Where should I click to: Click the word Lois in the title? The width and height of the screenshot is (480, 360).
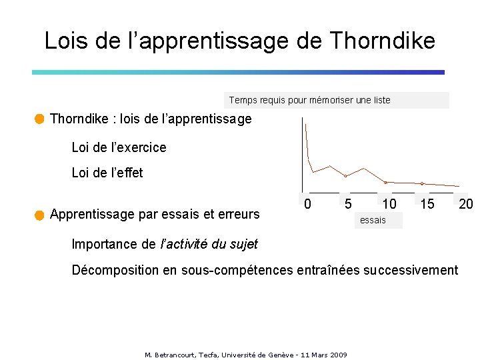click(x=65, y=41)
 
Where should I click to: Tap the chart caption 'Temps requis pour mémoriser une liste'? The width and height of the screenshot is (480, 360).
click(x=310, y=101)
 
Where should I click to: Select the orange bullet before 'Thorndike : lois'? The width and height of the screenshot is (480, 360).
click(x=39, y=119)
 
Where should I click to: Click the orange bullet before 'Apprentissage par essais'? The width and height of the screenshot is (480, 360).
click(x=39, y=215)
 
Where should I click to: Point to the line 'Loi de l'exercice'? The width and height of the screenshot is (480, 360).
click(x=119, y=147)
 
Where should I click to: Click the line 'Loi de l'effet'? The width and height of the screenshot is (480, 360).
click(x=107, y=173)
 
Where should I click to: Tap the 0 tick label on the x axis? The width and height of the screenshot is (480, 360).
click(x=307, y=203)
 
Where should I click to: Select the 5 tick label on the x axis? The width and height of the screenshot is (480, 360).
click(x=348, y=203)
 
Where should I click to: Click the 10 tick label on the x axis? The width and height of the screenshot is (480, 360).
click(x=389, y=203)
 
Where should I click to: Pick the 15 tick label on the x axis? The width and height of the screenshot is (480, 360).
click(x=427, y=203)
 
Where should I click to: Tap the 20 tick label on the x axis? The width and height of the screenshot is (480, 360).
click(x=466, y=203)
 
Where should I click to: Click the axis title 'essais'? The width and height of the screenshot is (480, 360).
click(x=373, y=220)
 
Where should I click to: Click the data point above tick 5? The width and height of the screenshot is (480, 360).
click(x=345, y=176)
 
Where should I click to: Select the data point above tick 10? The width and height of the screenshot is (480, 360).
click(x=385, y=182)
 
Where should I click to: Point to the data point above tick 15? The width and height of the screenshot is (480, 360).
click(x=422, y=183)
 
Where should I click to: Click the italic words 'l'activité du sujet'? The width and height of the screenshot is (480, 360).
click(x=209, y=244)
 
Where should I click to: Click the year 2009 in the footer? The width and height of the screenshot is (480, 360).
click(x=339, y=355)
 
